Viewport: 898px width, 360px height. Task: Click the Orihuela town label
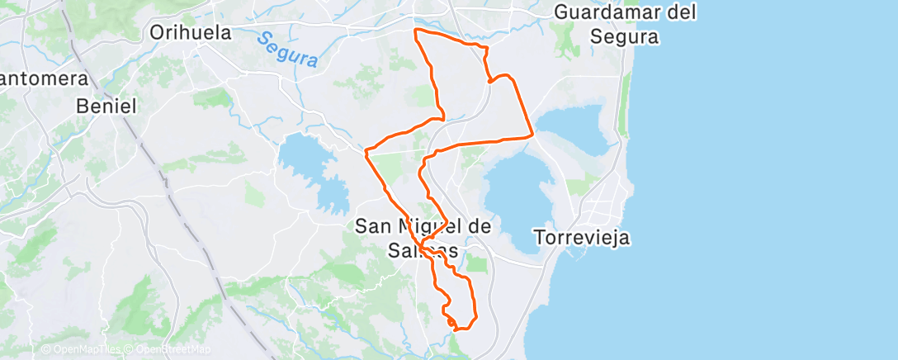191,32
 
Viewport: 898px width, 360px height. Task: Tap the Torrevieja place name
583,238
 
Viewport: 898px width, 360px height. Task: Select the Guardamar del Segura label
625,24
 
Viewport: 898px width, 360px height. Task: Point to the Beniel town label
106,106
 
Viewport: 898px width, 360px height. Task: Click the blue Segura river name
286,50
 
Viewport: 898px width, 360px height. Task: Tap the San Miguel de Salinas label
423,236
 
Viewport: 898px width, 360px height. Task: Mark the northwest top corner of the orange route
414,31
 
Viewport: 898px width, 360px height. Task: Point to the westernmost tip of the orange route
366,151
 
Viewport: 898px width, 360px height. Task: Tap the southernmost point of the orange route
456,330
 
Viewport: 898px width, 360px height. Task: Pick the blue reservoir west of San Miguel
310,169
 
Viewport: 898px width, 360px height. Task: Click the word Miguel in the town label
428,225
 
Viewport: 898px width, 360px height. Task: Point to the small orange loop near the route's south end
449,319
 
